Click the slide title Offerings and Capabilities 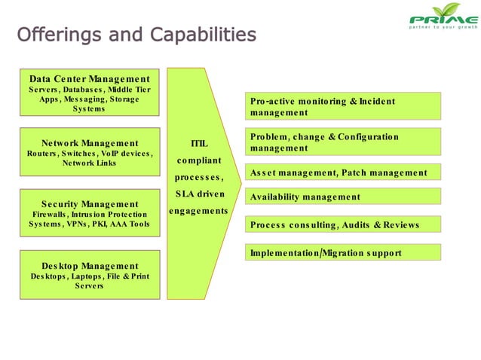[136, 35]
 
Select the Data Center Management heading [89, 78]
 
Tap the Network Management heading [89, 143]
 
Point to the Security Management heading [89, 204]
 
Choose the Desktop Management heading [89, 266]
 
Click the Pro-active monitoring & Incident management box [344, 106]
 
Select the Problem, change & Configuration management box [344, 142]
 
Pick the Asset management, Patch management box [344, 173]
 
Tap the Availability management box [344, 197]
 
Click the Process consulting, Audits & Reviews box [344, 224]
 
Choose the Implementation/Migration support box [344, 253]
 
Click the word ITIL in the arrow [199, 143]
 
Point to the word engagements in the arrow [198, 211]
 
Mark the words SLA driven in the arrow [199, 194]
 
